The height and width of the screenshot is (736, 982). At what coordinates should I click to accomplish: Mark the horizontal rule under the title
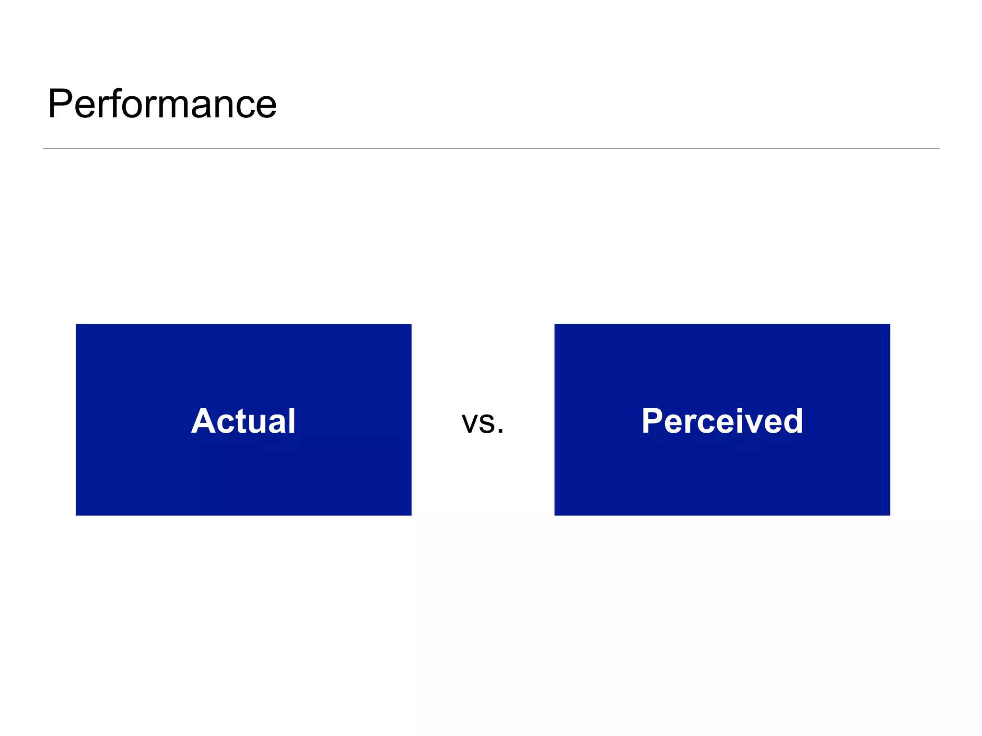coord(491,149)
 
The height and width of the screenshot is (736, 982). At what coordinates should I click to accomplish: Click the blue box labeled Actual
coord(244,470)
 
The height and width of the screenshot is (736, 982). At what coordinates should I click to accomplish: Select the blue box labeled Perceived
coord(722,470)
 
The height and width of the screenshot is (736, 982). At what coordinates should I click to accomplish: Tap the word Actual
coord(244,421)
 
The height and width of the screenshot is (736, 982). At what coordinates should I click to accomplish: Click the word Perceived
coord(722,421)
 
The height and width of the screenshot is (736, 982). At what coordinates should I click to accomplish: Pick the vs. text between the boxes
coord(482,423)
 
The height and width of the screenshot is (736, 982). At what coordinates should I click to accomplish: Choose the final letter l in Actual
coord(292,421)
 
